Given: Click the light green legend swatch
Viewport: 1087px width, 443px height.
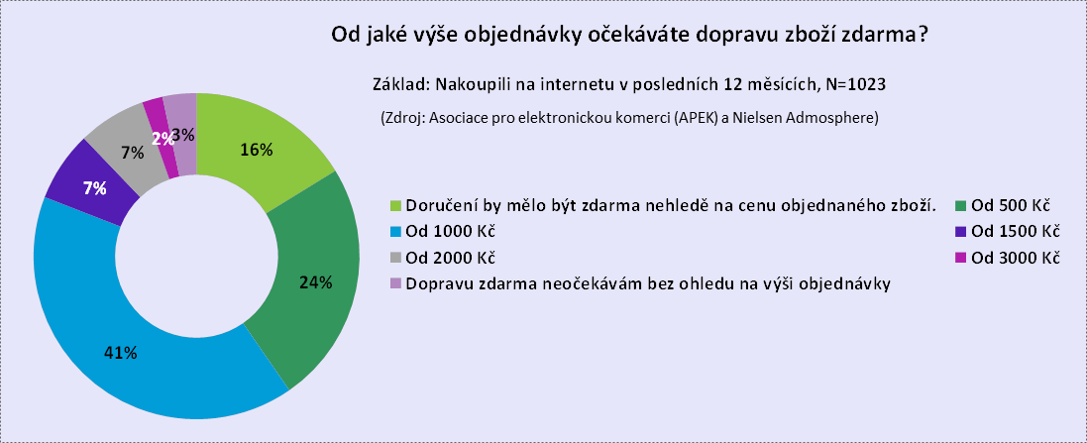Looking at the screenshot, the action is (x=395, y=206).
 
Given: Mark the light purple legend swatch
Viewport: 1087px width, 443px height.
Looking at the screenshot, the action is (x=395, y=282).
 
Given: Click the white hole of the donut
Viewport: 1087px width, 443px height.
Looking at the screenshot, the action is (x=197, y=257).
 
